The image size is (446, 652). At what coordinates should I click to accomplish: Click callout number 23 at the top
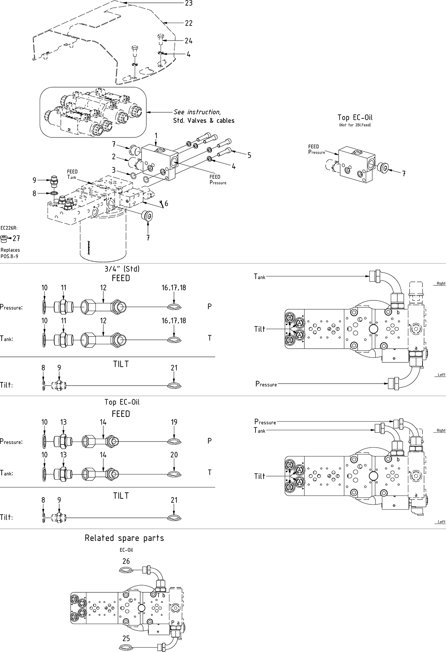point(189,3)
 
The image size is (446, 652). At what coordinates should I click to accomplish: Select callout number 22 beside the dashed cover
point(189,24)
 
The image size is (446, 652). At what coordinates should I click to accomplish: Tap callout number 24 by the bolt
point(189,41)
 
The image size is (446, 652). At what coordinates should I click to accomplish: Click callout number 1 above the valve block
point(156,135)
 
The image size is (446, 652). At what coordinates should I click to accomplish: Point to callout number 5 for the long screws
point(249,155)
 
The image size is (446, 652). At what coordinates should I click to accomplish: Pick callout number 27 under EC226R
point(16,238)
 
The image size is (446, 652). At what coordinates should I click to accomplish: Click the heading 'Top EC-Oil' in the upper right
point(355,118)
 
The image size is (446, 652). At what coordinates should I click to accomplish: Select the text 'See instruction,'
point(197,112)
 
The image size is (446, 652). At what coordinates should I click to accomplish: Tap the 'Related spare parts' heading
point(124,538)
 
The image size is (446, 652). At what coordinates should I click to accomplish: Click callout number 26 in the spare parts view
point(126,561)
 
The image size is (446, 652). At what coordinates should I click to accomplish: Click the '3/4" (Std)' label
point(122,269)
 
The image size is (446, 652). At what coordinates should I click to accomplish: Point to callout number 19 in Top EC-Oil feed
point(174,422)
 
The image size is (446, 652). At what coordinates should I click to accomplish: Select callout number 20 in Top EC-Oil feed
point(174,455)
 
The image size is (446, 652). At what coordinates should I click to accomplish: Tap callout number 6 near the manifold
point(166,204)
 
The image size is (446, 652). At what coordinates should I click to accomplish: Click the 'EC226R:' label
point(9,228)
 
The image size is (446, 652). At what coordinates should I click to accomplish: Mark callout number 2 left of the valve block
point(114,157)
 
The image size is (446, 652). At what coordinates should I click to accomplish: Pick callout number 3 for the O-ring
point(114,170)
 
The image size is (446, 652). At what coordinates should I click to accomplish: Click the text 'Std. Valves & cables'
point(201,120)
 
